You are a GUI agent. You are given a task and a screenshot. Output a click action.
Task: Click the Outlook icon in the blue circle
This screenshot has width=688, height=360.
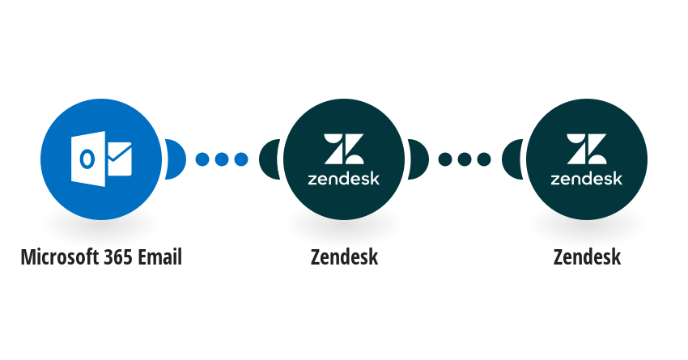coord(101,159)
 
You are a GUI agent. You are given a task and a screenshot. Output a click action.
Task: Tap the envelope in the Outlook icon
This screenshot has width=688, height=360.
coord(119,159)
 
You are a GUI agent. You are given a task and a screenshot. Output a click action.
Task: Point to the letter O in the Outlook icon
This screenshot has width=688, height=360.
coord(87,159)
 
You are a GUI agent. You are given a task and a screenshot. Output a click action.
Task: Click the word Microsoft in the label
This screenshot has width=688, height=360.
coord(61,257)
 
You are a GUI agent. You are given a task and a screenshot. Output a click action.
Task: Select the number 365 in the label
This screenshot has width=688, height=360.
coord(118,257)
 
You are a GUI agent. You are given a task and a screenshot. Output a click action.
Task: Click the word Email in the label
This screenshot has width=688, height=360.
coord(159,257)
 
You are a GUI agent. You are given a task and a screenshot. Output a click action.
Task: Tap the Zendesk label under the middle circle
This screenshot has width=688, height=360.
coord(345,257)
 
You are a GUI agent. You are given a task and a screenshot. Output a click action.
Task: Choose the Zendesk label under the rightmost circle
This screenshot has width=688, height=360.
coord(587,257)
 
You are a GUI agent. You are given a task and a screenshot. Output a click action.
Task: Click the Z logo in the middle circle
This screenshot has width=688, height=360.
coord(344,149)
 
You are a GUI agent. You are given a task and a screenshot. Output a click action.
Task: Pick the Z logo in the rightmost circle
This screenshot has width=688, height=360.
coord(587,149)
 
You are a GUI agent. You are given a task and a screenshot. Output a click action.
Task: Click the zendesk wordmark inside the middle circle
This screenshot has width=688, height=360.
coord(344,178)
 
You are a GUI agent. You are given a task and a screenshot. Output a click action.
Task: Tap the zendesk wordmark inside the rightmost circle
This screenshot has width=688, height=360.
coord(587,178)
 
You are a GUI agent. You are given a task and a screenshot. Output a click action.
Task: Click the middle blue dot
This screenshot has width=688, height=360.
coord(222,159)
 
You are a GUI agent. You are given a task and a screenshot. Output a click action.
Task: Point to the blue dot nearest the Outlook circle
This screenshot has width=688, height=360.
coord(202,159)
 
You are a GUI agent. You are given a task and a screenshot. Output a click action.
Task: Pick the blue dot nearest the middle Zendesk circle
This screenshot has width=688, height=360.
coord(241,159)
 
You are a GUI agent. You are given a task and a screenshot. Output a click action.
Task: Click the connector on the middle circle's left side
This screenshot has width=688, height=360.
coord(268,159)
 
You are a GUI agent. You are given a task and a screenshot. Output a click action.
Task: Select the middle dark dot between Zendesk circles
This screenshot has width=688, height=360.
coord(465,159)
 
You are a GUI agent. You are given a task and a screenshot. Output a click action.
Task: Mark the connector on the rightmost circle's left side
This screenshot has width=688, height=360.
coord(511,159)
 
